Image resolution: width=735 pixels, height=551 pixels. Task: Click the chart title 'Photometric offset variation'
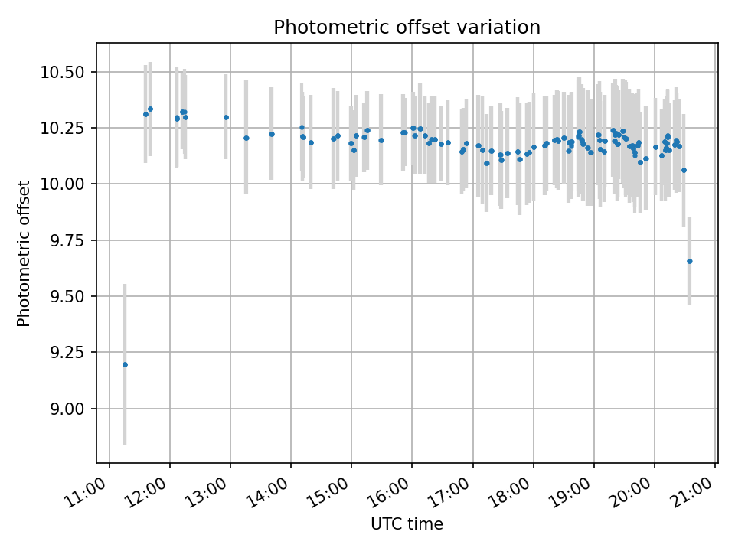click(407, 28)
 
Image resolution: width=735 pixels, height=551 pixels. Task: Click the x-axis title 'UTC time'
click(407, 524)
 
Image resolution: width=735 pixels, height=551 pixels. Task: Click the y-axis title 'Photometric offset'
click(24, 253)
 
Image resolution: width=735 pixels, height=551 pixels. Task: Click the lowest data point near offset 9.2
click(125, 364)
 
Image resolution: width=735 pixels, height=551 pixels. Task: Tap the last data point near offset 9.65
click(689, 261)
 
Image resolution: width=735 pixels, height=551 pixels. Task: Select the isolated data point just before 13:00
click(226, 117)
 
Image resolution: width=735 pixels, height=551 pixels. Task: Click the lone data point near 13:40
click(272, 134)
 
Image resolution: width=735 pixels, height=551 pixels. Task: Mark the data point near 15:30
click(381, 140)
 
